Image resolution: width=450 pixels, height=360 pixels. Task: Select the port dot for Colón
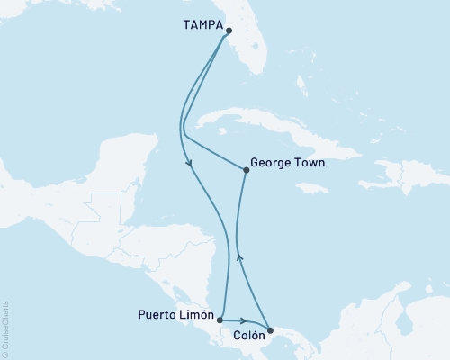click(x=270, y=330)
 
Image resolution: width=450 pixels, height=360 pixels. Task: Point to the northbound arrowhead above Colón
click(x=238, y=256)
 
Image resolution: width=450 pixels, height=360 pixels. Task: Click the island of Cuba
click(x=270, y=135)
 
